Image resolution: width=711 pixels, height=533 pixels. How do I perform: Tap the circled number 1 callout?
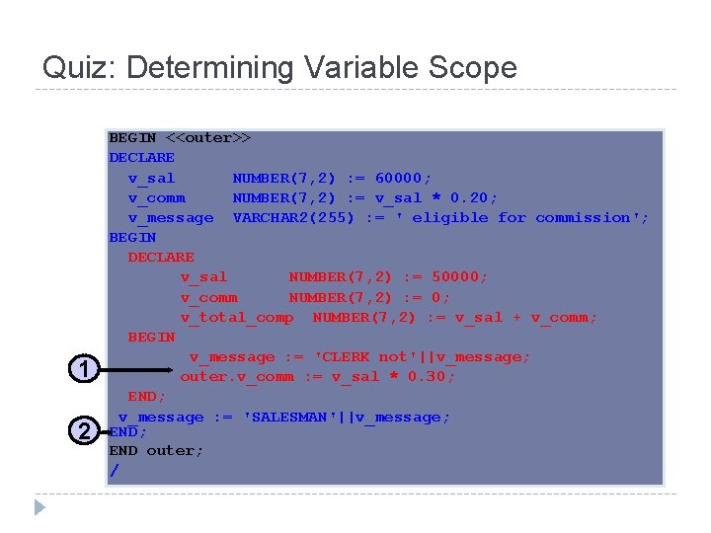tap(85, 370)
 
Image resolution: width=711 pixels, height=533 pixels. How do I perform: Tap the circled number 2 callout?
tap(85, 430)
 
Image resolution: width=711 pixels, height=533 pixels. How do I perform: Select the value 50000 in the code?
tap(454, 277)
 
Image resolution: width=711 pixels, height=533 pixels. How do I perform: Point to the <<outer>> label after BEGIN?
tap(207, 137)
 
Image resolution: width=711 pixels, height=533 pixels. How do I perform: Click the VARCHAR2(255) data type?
tap(293, 217)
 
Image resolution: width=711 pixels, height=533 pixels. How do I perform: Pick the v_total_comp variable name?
tap(236, 317)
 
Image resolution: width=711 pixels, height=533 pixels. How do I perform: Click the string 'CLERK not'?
tap(359, 356)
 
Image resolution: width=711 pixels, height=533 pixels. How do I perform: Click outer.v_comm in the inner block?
tap(236, 376)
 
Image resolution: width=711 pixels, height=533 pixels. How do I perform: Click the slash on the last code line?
tap(114, 471)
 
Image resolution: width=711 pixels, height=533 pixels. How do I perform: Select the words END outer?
tap(155, 450)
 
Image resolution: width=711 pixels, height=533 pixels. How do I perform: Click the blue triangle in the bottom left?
tap(39, 508)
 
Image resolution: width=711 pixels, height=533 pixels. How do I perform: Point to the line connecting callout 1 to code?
tap(138, 371)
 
